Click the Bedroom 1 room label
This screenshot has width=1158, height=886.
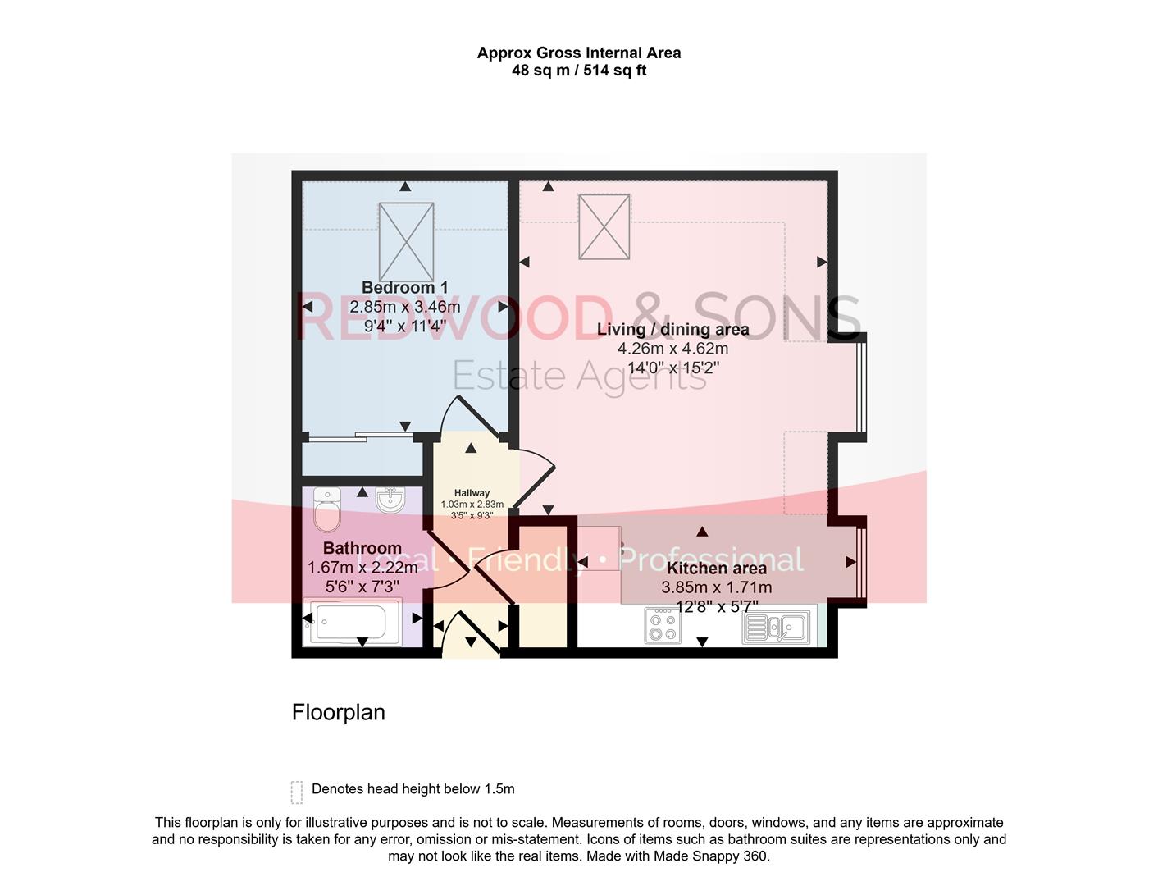pos(404,288)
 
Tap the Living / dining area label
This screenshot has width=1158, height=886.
pos(672,330)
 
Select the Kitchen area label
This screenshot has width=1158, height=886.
pos(716,569)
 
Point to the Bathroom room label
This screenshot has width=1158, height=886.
pos(362,548)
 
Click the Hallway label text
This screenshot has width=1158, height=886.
pos(472,493)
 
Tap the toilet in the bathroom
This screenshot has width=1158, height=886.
pos(327,509)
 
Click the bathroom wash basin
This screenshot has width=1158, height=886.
pos(390,500)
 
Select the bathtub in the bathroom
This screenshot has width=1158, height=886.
pos(351,622)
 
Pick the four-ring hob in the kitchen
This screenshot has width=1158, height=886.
pos(662,625)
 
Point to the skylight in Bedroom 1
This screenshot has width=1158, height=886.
pos(406,242)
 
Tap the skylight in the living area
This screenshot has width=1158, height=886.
pos(604,226)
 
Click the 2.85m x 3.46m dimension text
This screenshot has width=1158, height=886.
pos(404,307)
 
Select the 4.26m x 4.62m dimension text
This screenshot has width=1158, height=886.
pos(672,349)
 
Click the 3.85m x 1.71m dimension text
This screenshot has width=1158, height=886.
pos(716,587)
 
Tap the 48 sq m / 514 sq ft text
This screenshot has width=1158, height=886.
pos(579,71)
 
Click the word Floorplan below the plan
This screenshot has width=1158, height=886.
pos(338,712)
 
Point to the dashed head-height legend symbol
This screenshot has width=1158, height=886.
pos(297,792)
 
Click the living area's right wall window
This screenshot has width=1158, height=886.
pos(860,386)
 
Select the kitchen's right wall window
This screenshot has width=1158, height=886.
pos(860,563)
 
